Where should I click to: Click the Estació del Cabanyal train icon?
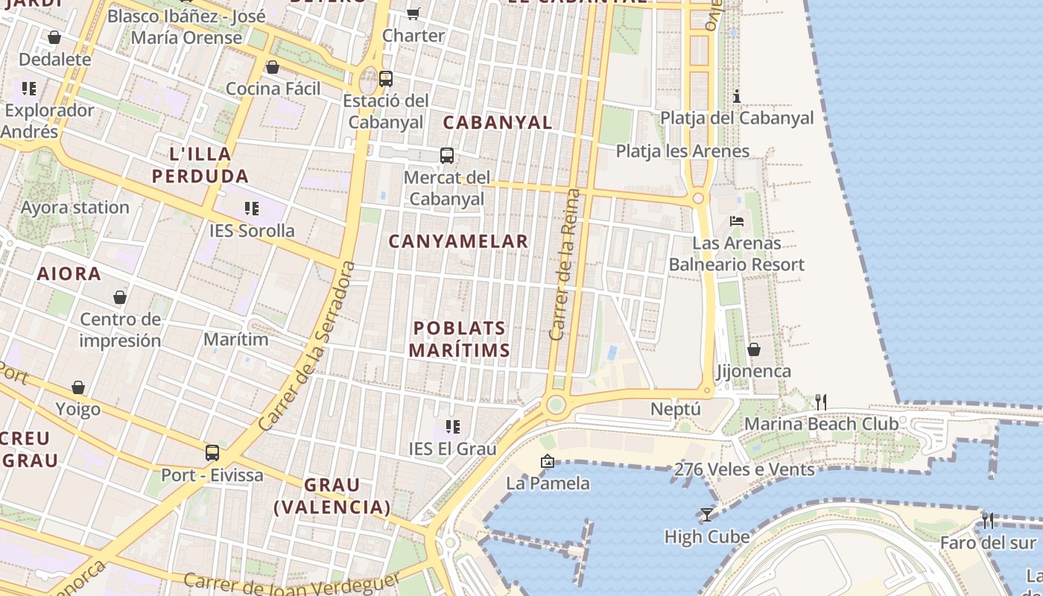385,78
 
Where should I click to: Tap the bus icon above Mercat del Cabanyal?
447,156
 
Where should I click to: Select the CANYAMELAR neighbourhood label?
458,241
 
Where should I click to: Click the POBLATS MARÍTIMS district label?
460,339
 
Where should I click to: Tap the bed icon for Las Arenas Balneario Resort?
737,221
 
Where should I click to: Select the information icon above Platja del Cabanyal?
737,96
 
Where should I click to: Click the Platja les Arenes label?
682,151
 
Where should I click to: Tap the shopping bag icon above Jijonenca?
753,349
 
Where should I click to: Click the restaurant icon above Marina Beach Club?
821,402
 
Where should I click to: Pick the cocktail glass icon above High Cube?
706,514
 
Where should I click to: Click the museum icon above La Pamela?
548,461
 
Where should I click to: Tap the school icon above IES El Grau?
452,427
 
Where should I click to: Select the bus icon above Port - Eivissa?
212,453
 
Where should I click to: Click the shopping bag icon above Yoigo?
78,387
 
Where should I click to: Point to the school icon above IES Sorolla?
252,209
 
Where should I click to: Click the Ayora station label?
75,207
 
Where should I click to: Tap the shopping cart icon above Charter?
413,13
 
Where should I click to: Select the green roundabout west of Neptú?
555,405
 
